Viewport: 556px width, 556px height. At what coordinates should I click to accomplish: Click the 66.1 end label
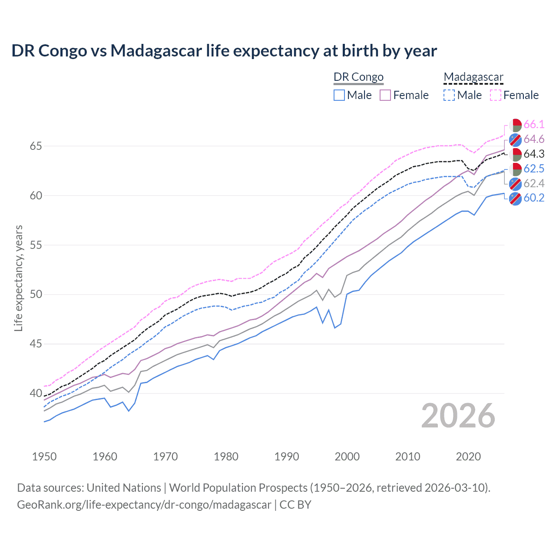[534, 124]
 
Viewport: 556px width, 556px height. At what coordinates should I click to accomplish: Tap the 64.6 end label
[534, 139]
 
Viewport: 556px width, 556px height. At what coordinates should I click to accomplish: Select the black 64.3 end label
[534, 154]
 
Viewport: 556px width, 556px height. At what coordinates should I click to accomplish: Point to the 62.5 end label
[534, 169]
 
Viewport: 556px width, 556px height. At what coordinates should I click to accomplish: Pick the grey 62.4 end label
[534, 183]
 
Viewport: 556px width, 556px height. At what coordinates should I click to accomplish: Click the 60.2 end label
[534, 198]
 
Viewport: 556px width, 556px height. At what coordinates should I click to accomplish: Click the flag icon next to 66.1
[515, 125]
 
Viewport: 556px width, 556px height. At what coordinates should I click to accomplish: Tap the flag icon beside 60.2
[515, 199]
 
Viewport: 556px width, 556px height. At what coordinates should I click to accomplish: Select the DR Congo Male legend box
[339, 95]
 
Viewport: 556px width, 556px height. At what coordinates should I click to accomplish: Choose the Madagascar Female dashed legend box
[496, 95]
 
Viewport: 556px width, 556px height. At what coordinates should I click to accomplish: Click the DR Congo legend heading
[358, 77]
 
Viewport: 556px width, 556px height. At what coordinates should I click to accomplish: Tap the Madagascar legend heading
[473, 77]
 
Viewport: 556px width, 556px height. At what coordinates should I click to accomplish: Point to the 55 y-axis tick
[36, 245]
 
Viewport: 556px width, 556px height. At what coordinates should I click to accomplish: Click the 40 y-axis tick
[36, 394]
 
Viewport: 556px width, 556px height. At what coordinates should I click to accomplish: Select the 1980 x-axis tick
[226, 457]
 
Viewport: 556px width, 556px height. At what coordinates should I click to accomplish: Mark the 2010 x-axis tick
[407, 457]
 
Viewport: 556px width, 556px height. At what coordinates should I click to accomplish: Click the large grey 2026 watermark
[458, 416]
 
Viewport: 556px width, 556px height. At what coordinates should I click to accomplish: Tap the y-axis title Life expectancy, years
[19, 278]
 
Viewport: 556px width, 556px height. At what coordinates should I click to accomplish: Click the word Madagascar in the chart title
[156, 51]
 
